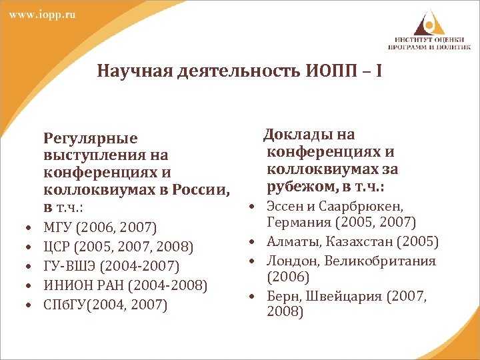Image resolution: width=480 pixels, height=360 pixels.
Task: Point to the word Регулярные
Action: [x=90, y=139]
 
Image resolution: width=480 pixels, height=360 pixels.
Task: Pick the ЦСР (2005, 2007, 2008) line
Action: [x=118, y=248]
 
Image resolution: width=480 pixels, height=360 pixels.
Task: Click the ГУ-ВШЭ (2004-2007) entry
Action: [x=111, y=267]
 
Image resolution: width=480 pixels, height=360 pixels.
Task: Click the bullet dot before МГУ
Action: [x=31, y=229]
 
